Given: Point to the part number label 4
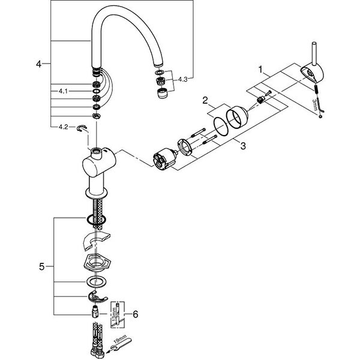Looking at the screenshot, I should tap(39, 63).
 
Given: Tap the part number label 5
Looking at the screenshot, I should tap(41, 266).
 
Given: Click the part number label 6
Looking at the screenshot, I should tap(136, 313).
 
